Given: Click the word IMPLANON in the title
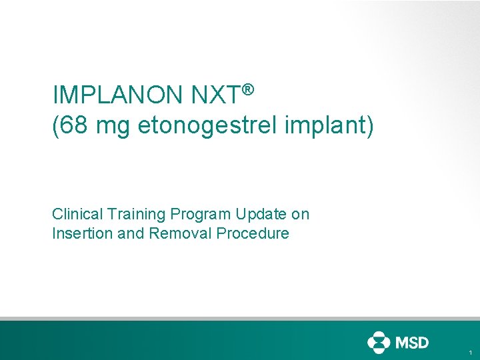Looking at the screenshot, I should coord(117,96).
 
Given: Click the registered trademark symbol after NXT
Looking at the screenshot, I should coord(248,89).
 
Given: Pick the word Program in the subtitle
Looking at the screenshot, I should coord(200,214).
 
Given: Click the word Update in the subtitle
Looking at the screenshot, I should coord(262,214).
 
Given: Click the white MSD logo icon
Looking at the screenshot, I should coord(378,342).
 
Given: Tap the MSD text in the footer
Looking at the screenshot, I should coord(412,342).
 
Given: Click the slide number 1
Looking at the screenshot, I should coord(470,352).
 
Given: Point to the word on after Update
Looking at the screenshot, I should coord(301,214).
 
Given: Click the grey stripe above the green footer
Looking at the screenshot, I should coord(240,319).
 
